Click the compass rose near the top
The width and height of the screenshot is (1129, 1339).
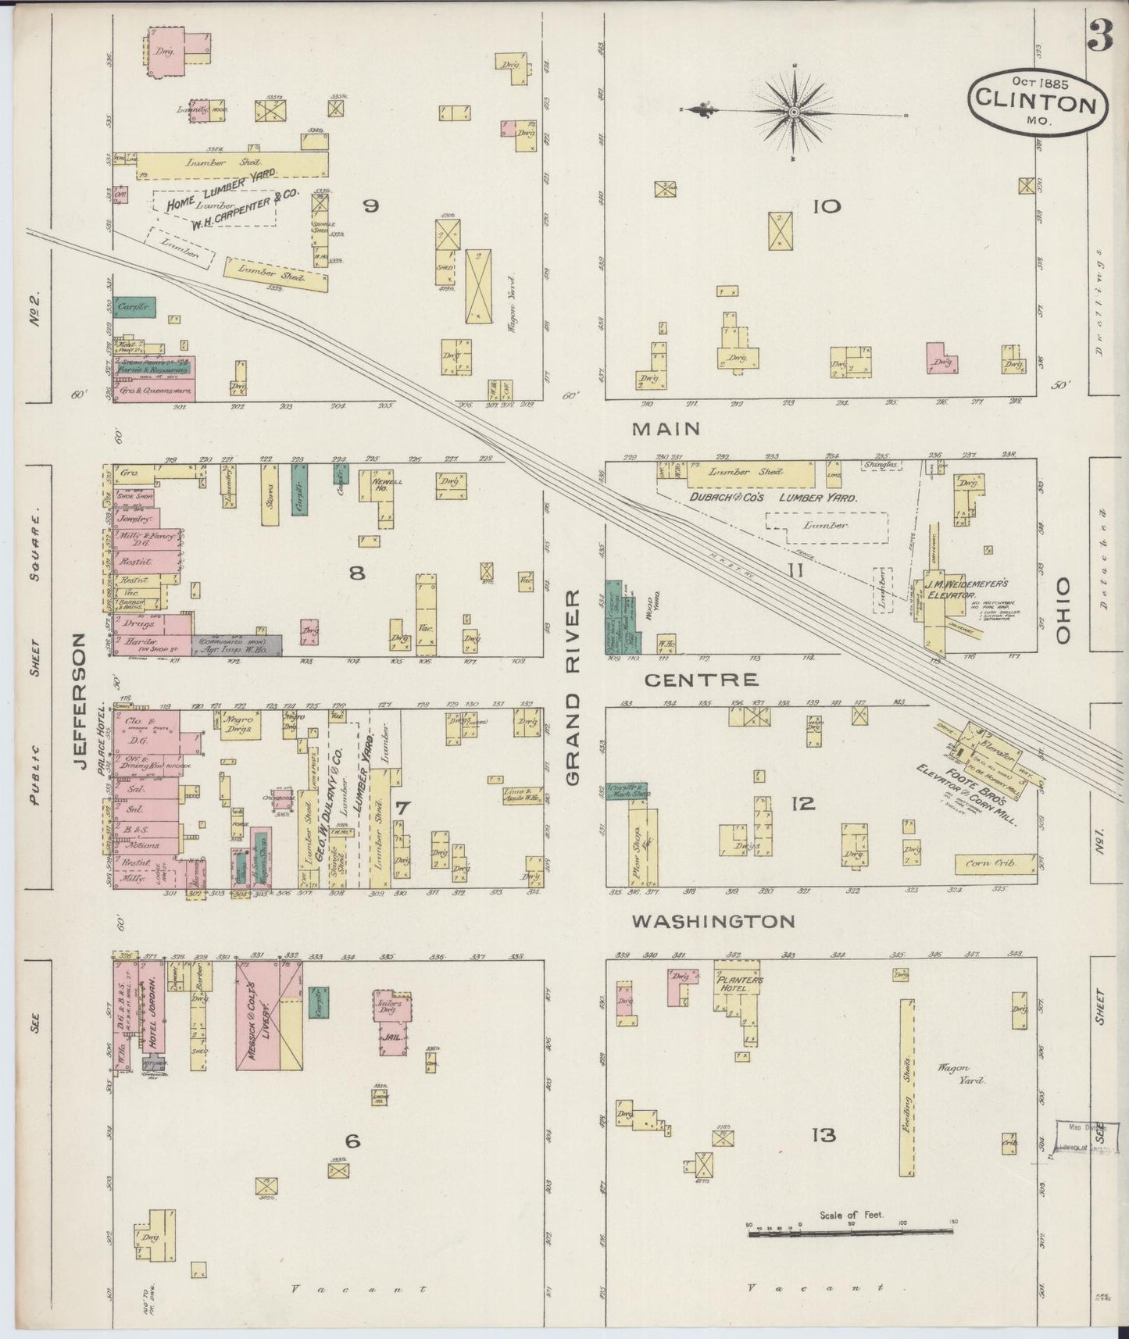[793, 112]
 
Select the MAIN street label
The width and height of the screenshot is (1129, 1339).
[666, 428]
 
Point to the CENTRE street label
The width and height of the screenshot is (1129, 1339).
[701, 680]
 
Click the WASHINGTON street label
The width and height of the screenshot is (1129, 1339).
[713, 922]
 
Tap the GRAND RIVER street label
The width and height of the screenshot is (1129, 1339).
[574, 687]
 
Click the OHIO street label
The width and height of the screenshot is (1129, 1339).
[1063, 611]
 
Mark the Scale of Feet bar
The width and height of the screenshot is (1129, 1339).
[851, 1232]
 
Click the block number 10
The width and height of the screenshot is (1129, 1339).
[826, 206]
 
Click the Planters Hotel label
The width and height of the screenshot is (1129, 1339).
[738, 984]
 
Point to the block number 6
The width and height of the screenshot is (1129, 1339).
[352, 1142]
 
